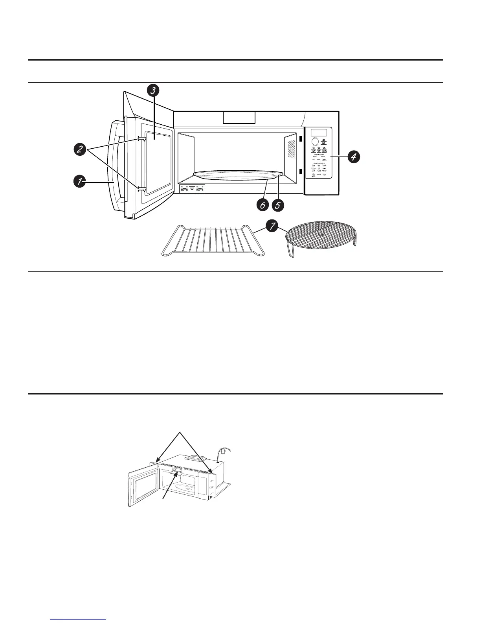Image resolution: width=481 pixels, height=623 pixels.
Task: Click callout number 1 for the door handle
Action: pyautogui.click(x=80, y=182)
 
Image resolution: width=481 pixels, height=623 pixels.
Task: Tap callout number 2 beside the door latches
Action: pyautogui.click(x=80, y=149)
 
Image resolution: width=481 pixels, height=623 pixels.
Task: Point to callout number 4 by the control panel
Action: pyautogui.click(x=353, y=157)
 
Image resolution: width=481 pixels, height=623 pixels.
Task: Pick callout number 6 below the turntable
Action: pyautogui.click(x=263, y=205)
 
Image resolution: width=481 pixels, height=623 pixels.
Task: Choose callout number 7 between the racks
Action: pyautogui.click(x=271, y=227)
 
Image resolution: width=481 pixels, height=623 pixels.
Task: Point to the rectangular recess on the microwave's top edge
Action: pyautogui.click(x=239, y=117)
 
